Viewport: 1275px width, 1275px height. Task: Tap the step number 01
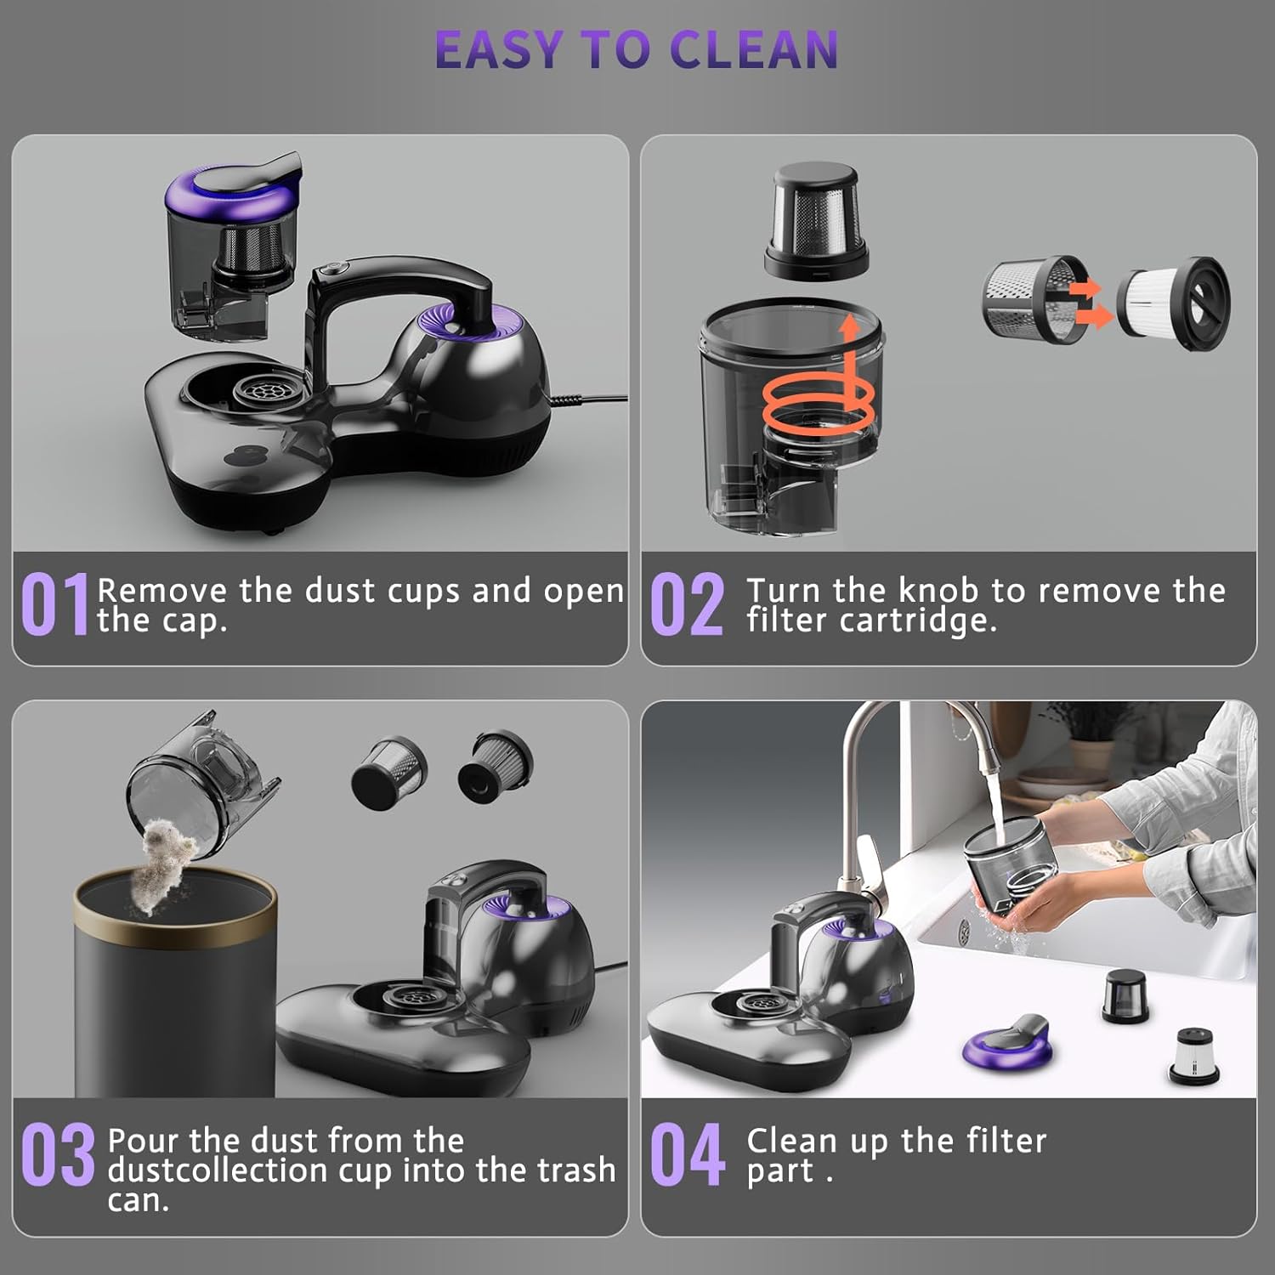point(55,603)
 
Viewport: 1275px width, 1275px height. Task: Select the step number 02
point(687,603)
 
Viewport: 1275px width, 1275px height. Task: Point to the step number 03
point(58,1153)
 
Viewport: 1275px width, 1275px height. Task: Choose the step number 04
point(687,1153)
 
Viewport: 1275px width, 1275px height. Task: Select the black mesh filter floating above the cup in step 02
point(817,221)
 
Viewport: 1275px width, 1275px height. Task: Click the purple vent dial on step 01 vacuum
point(459,327)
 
